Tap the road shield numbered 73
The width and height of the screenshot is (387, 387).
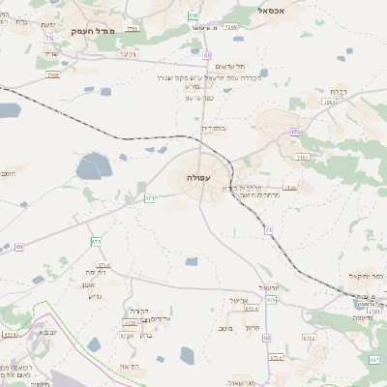(x=48, y=38)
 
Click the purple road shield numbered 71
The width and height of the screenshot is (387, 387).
(x=269, y=229)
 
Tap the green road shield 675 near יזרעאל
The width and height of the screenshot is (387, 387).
(x=272, y=300)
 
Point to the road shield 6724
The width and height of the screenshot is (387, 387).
(x=127, y=335)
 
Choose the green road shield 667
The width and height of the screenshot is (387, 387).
(x=374, y=360)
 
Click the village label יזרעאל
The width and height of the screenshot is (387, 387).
(x=269, y=288)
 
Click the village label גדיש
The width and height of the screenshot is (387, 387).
(x=94, y=295)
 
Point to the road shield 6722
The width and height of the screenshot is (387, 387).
(x=309, y=338)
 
